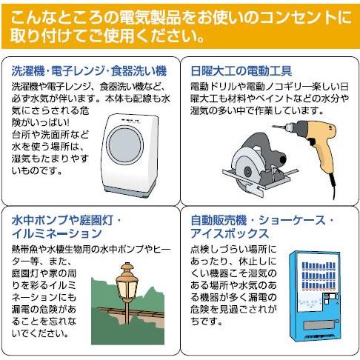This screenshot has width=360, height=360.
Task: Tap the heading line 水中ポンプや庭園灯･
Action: pos(71,221)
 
